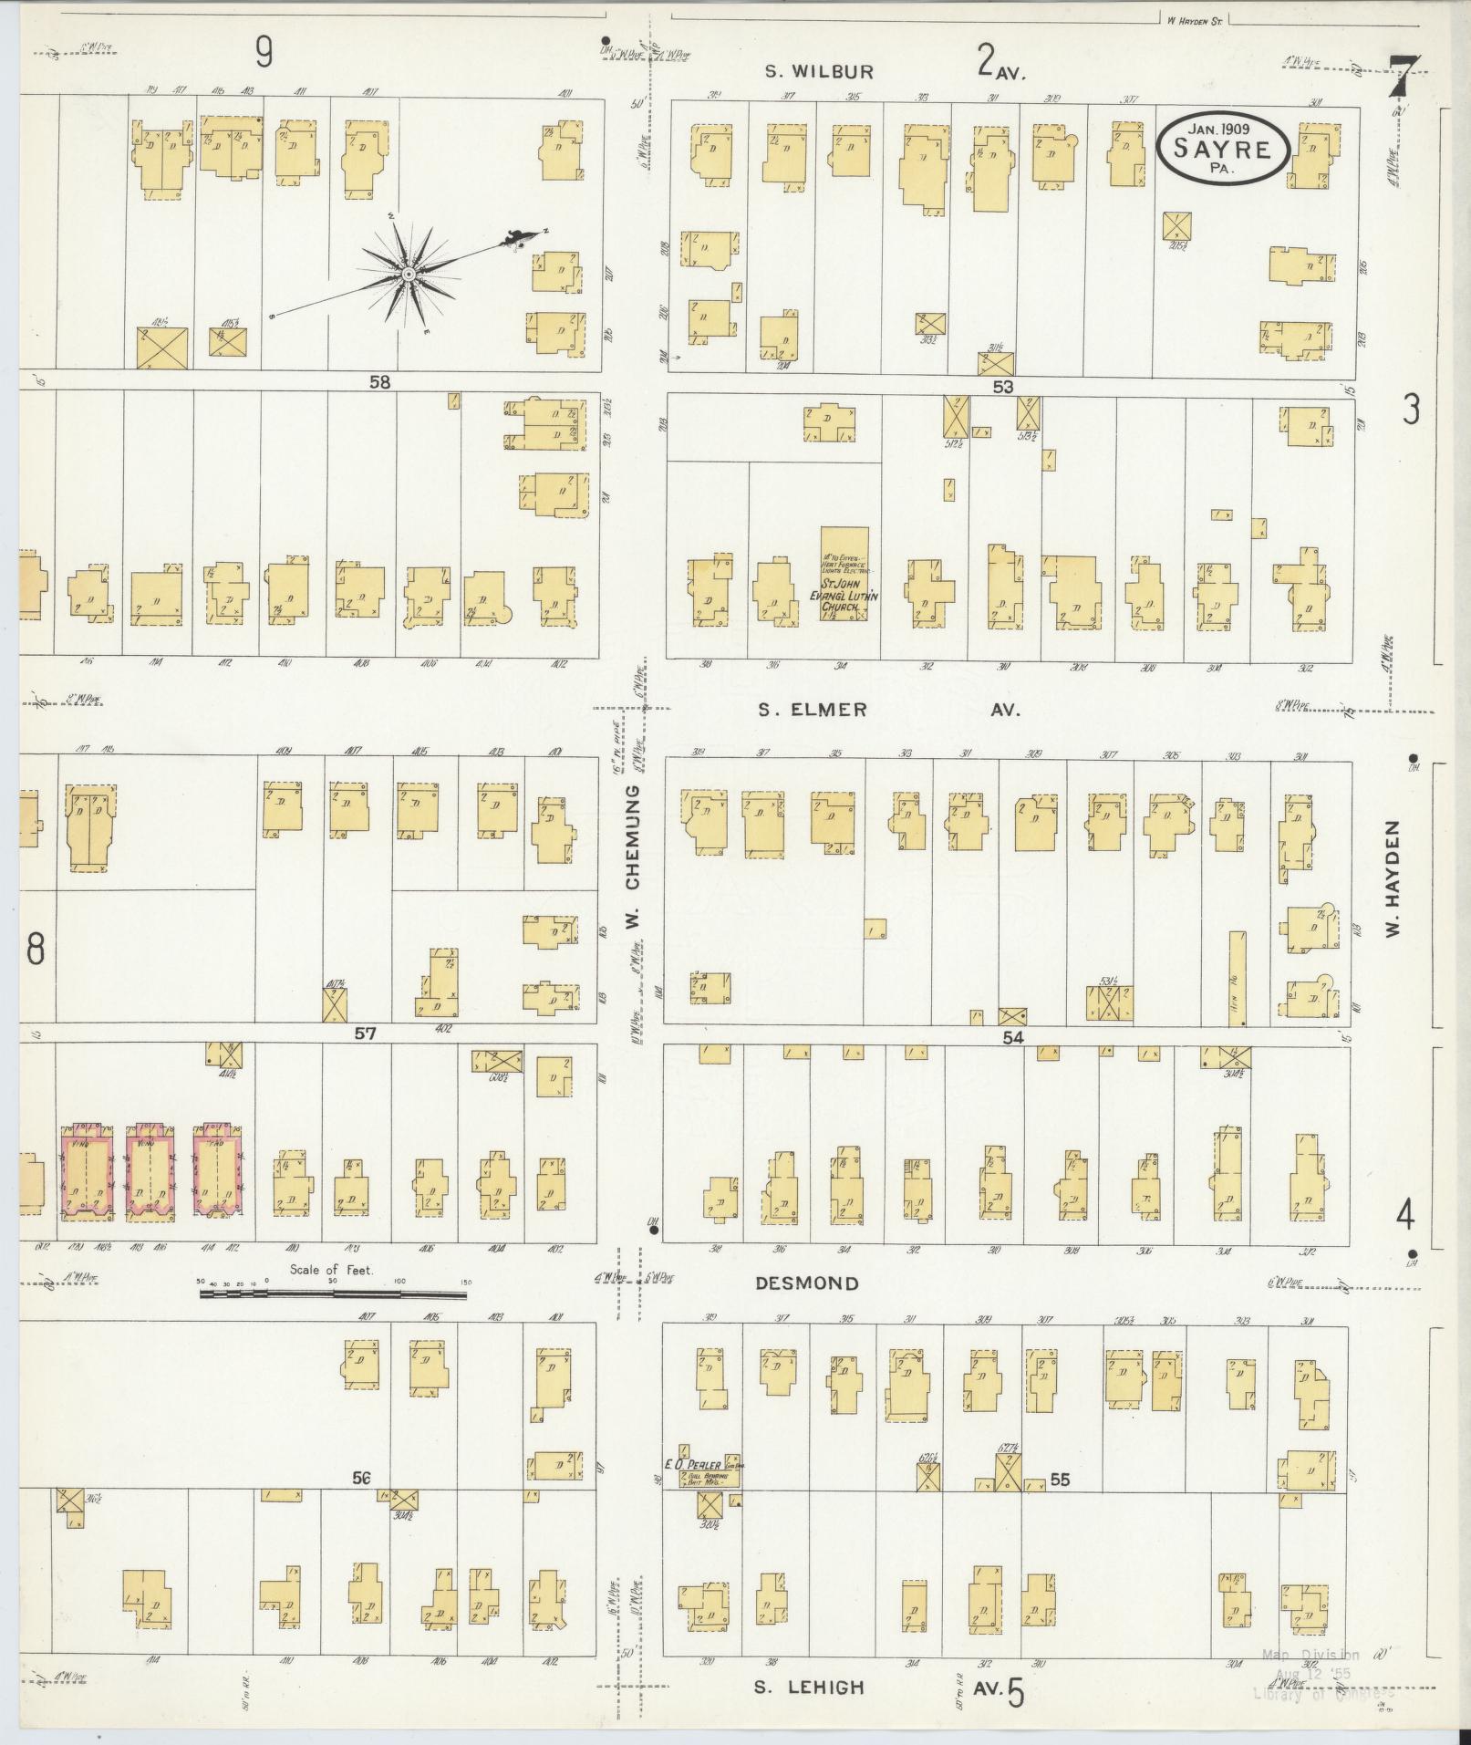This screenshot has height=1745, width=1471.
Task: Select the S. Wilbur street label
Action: pyautogui.click(x=818, y=73)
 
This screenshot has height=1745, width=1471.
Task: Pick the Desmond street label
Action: pyautogui.click(x=807, y=1283)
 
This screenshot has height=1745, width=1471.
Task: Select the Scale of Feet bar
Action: pyautogui.click(x=333, y=1293)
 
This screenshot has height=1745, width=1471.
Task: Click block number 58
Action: pyautogui.click(x=379, y=382)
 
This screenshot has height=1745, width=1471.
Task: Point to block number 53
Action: pyautogui.click(x=1003, y=387)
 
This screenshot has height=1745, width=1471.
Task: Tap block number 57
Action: pyautogui.click(x=366, y=1033)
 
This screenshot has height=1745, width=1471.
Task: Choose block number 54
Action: pyautogui.click(x=1013, y=1037)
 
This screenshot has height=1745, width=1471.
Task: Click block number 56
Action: pyautogui.click(x=362, y=1479)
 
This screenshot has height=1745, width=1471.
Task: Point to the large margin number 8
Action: pyautogui.click(x=35, y=950)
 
